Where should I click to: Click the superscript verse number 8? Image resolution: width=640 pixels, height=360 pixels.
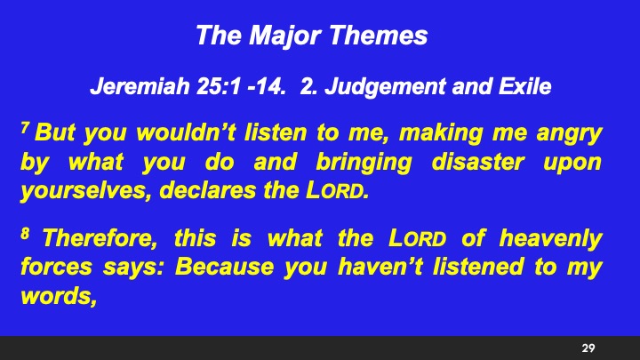[25, 234]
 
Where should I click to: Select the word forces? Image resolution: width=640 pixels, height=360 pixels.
[52, 268]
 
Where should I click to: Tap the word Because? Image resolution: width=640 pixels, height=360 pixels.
[227, 268]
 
